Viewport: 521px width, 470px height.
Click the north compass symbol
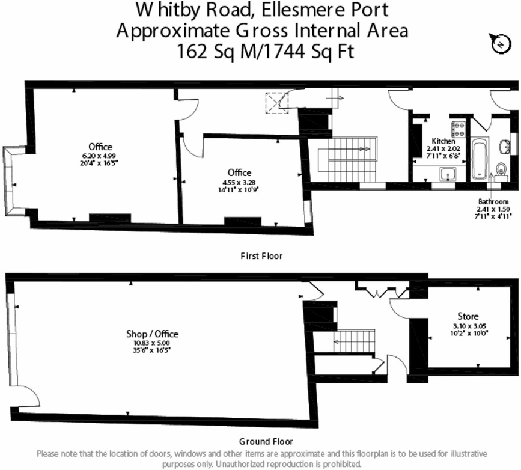498,43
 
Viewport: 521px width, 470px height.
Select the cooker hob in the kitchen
459,129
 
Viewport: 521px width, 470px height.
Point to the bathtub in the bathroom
480,159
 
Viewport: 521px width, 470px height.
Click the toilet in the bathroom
502,168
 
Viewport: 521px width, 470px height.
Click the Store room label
468,316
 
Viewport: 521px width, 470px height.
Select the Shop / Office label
152,334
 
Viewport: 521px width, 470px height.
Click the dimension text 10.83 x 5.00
152,343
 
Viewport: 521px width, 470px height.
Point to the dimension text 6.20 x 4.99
100,155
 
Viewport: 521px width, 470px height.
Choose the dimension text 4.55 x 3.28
239,182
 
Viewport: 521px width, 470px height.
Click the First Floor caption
261,256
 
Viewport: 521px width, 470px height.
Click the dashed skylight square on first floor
278,102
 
